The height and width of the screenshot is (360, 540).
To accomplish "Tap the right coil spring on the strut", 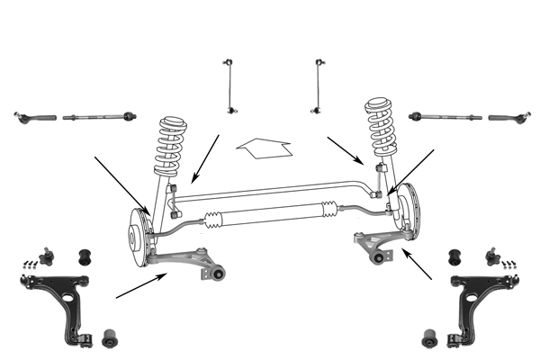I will pos(381,127).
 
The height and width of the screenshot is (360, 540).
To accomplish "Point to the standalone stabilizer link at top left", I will pos(229,86).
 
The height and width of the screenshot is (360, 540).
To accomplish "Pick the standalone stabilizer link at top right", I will pos(318,86).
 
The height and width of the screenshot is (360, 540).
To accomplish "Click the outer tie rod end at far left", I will pos(34,116).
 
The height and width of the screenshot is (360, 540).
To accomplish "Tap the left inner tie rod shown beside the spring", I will pos(99,116).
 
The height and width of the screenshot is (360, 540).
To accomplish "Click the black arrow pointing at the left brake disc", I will pos(121,184).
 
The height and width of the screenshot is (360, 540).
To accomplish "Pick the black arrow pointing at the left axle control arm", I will pos(139,285).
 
